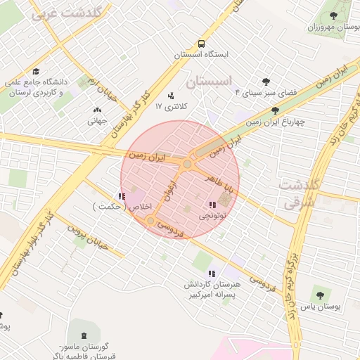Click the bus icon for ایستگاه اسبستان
[202, 43]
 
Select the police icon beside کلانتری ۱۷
[170, 96]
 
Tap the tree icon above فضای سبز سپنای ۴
[265, 82]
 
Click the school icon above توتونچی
[212, 205]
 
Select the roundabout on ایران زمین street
[187, 165]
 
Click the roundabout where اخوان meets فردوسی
[150, 221]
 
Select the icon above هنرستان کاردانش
[211, 274]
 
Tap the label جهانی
[96, 121]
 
